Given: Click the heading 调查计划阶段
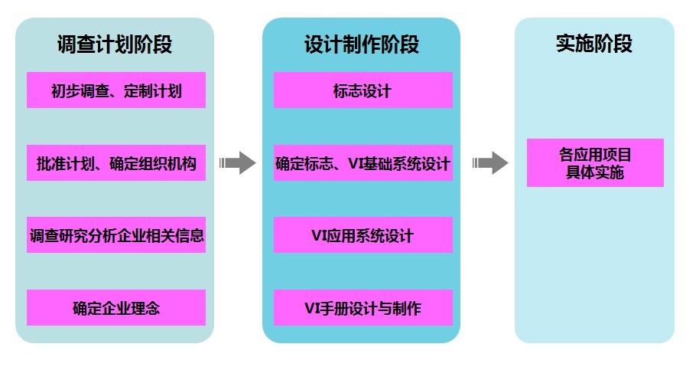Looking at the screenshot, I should (115, 44).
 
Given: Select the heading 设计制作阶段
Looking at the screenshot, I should (362, 44).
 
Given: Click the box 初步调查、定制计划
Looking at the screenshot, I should (116, 90).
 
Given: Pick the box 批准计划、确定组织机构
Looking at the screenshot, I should (116, 163).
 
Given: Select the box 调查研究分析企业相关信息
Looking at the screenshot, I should (116, 235).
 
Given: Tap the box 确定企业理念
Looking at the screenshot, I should (116, 308).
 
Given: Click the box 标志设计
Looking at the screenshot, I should (363, 90).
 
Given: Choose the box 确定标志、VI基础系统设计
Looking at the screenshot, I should (363, 163).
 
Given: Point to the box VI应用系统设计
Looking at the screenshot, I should (363, 235).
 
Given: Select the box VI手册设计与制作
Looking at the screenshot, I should (363, 308).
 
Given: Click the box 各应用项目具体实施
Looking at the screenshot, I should (595, 163).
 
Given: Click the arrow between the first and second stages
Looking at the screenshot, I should (238, 162).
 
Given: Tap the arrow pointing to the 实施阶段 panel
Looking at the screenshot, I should (490, 162).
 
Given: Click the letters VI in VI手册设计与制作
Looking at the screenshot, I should (313, 309).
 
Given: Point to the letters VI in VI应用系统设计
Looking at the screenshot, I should (320, 236).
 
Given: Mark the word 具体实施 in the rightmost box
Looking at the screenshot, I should (595, 172).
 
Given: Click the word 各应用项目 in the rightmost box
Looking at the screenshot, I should (595, 155).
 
